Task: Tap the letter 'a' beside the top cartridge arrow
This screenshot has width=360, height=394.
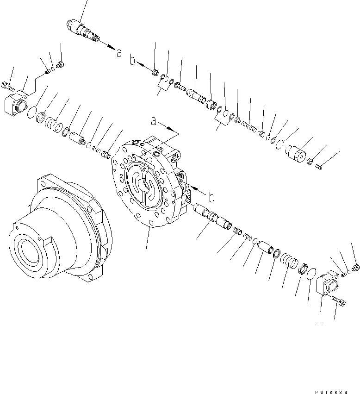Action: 119,53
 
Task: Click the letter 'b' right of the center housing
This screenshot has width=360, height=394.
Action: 211,198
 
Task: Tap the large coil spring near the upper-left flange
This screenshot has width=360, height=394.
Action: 55,125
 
